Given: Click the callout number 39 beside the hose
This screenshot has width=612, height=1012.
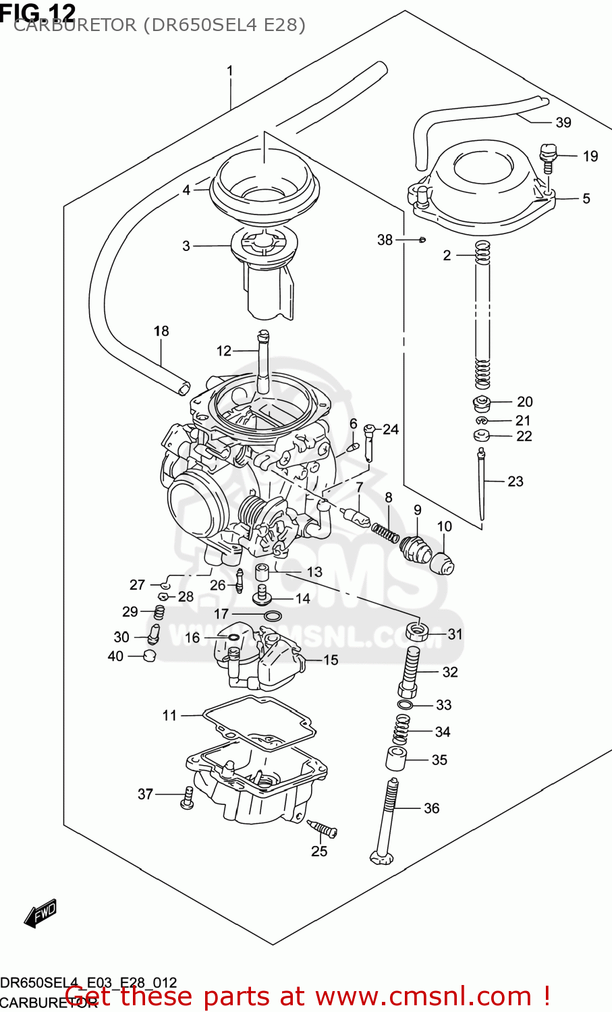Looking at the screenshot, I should [x=563, y=122].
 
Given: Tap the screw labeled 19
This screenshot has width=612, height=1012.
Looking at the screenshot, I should [x=547, y=157].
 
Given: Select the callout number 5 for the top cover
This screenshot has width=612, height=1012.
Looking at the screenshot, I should [x=586, y=198].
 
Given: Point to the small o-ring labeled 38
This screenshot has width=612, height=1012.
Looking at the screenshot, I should [x=422, y=240].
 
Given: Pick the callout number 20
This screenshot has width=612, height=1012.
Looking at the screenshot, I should [x=524, y=401].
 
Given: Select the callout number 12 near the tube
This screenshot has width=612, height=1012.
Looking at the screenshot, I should [x=223, y=351].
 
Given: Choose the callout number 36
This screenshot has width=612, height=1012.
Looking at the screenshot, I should [x=431, y=808].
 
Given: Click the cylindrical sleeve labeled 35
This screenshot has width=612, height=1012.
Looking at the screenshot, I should [x=396, y=759].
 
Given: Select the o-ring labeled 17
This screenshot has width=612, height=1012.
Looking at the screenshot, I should [x=273, y=615].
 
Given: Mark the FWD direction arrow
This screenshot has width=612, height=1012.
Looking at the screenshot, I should [x=40, y=913].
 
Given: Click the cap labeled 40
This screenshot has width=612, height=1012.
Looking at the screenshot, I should [x=150, y=656].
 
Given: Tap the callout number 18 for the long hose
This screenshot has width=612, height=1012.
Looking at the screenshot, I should [x=161, y=331].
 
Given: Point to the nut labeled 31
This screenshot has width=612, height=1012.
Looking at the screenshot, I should [x=417, y=632].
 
